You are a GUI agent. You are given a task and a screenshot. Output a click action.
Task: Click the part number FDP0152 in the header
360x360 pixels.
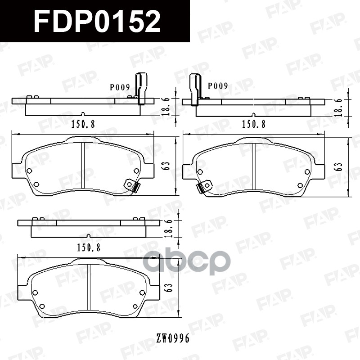pos(97,22)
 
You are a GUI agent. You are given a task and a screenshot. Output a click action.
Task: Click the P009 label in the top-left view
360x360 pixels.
pos(119,87)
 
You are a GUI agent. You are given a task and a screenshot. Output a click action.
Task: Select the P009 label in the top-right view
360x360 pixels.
pos(218,85)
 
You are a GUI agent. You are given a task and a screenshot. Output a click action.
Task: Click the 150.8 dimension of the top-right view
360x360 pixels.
pos(254,124)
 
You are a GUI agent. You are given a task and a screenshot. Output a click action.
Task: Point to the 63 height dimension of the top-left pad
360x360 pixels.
pos(166,165)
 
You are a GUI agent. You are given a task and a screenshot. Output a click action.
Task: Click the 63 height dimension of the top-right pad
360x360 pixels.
pos(339,166)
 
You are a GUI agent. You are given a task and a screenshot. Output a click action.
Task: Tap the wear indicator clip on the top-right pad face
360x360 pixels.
pos(203,186)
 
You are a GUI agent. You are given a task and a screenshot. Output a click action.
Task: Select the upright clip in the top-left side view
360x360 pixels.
pos(140,88)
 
